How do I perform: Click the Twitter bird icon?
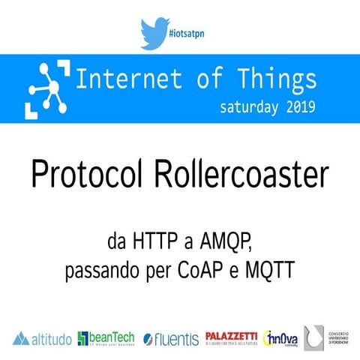coord(154,33)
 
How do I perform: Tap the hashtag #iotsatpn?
coord(188,34)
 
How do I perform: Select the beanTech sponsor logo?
coord(106,338)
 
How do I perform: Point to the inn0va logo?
coord(281,338)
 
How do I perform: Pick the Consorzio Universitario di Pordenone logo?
coord(327,337)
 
